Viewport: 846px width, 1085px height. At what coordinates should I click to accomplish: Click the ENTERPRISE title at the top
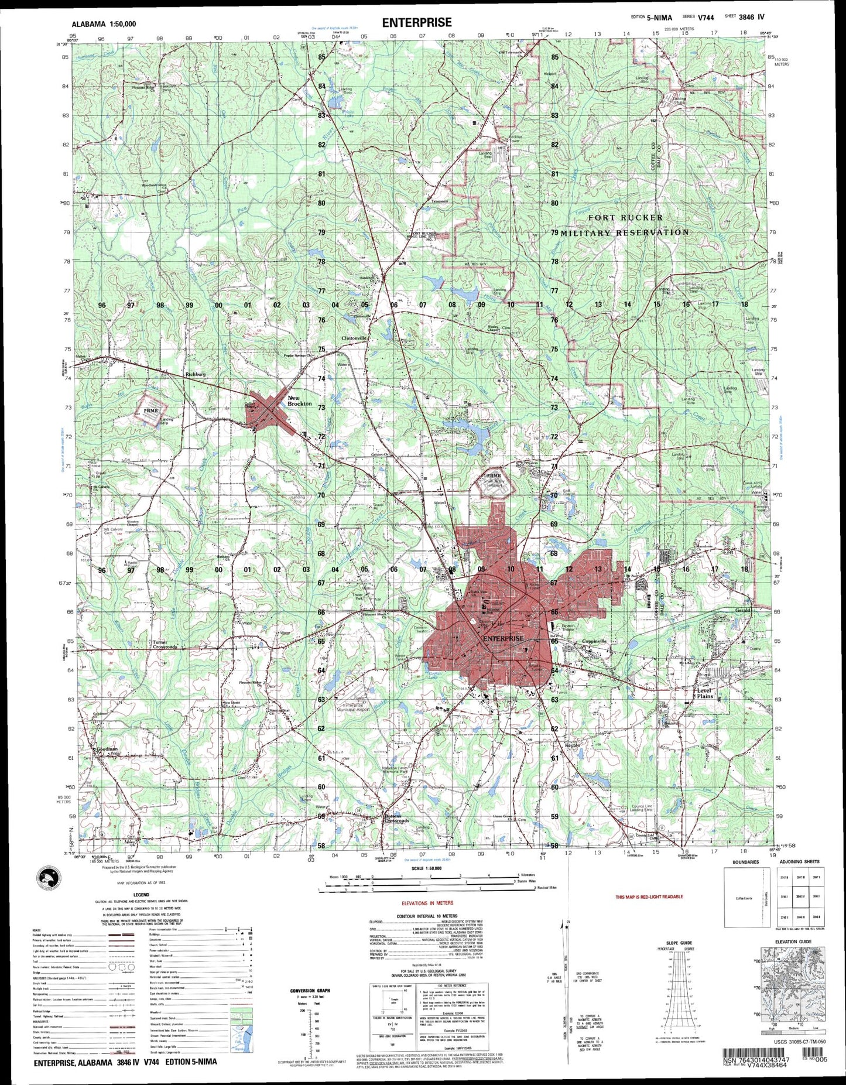[417, 23]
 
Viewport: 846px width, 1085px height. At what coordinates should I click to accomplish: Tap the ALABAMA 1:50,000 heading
[104, 24]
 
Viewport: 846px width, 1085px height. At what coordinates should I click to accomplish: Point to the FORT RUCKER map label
[625, 218]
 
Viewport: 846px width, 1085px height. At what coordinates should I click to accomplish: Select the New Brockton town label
[299, 401]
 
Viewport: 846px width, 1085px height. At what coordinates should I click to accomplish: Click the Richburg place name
[195, 373]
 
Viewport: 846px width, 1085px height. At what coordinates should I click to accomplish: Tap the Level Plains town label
[704, 693]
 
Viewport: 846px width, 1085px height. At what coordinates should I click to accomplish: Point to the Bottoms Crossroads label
[396, 819]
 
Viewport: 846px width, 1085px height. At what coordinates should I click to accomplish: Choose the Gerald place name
[742, 610]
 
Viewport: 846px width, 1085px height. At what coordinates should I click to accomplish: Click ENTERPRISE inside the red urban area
[503, 638]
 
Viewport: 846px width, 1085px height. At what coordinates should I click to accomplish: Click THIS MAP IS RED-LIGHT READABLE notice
[649, 896]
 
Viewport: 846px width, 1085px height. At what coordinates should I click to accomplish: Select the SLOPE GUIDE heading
[678, 943]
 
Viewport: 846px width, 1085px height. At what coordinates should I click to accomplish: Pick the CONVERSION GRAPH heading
[310, 991]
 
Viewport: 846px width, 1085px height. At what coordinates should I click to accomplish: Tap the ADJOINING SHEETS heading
[799, 862]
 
